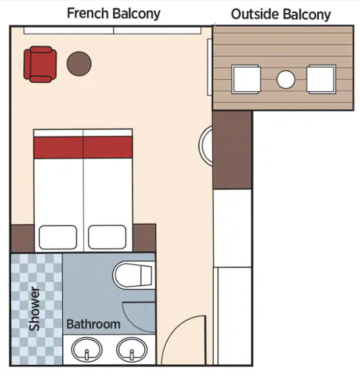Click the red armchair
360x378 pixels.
point(40,64)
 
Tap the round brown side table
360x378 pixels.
point(79,64)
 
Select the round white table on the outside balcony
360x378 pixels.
point(286,79)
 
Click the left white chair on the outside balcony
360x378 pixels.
point(246,79)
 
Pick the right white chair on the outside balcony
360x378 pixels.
point(321,79)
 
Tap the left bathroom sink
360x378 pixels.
point(87,349)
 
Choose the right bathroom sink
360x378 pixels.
point(132,349)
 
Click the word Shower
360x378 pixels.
point(34,309)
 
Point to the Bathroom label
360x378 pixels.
point(93,324)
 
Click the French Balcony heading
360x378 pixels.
point(114,13)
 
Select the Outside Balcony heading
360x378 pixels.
point(281,14)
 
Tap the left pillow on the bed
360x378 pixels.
point(58,237)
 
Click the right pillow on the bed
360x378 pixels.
point(107,237)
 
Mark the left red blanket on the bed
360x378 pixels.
point(59,148)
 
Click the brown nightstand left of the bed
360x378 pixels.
point(22,238)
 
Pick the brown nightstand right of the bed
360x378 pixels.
point(144,238)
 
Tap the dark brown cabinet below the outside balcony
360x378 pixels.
point(233,150)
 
